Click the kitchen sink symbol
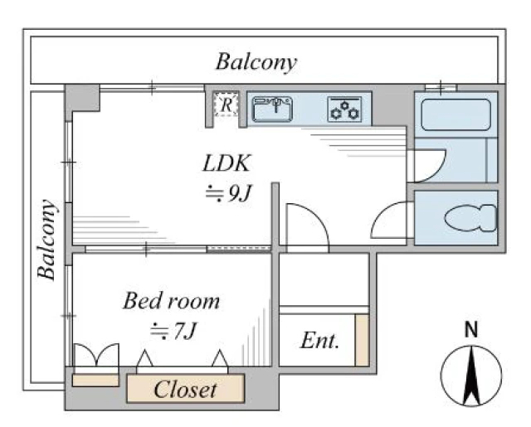tap(273, 109)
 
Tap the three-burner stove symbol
tap(345, 109)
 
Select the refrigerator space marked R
tap(227, 104)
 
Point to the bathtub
tap(455, 114)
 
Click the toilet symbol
tap(470, 218)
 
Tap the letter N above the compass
tap(471, 329)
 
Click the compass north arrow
tap(471, 376)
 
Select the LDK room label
tap(227, 163)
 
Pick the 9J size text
tap(229, 194)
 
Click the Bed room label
tap(171, 301)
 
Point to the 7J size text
tap(173, 331)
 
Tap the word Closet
tap(185, 389)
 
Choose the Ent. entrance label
tap(319, 341)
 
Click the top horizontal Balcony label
tap(256, 62)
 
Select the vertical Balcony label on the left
tap(46, 240)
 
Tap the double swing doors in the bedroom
tap(96, 355)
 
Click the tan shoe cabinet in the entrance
tap(362, 340)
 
